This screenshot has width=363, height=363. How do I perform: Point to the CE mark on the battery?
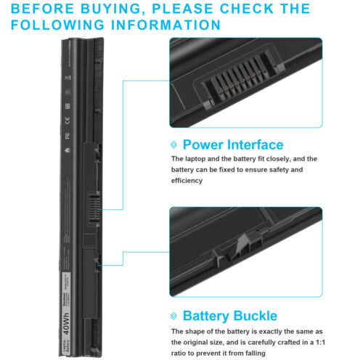pos(66,114)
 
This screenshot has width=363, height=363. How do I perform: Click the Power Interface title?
pos(232,144)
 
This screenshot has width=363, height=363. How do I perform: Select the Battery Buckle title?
pos(229,316)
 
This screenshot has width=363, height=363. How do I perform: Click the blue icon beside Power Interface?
pos(174,144)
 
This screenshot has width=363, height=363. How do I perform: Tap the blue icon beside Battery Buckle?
pos(174,316)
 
